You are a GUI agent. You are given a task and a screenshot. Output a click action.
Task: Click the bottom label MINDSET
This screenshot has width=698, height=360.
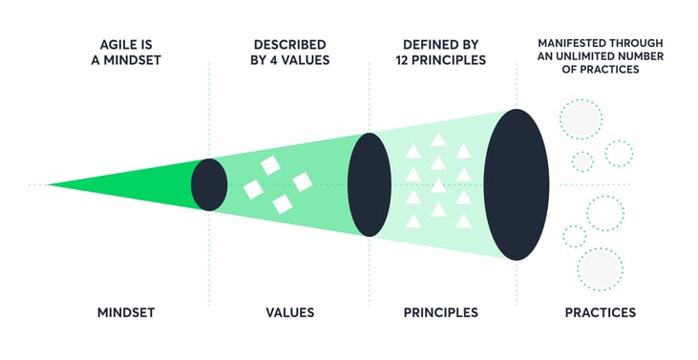(127, 312)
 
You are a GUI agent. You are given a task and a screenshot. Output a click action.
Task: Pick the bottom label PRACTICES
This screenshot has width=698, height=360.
(599, 312)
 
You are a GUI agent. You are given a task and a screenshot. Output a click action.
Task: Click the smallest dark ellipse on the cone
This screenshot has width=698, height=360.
(209, 184)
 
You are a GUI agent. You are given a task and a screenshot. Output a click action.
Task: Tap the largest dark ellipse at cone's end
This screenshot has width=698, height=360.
(517, 184)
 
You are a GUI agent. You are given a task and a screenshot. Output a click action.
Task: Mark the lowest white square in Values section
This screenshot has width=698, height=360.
(282, 203)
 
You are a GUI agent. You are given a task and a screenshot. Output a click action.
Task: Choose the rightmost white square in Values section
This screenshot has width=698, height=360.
(303, 181)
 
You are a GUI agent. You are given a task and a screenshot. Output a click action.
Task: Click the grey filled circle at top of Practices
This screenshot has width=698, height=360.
(581, 119)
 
